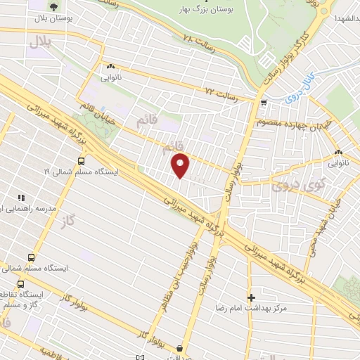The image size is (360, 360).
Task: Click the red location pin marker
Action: point(181,165)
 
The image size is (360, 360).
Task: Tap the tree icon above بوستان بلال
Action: point(54,8)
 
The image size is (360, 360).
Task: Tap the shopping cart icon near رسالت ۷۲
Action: point(264,103)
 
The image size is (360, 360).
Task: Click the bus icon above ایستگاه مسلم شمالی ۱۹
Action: point(82,161)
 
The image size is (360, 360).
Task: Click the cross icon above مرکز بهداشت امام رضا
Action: point(252,297)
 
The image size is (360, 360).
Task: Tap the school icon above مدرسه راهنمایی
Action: point(21,199)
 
